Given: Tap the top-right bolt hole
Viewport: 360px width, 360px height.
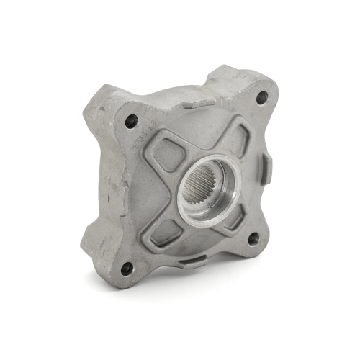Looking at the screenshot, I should point(261,97).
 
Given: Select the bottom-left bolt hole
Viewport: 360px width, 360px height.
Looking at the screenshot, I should point(127,269).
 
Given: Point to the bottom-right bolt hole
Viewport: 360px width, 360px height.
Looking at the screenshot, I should point(253,240).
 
